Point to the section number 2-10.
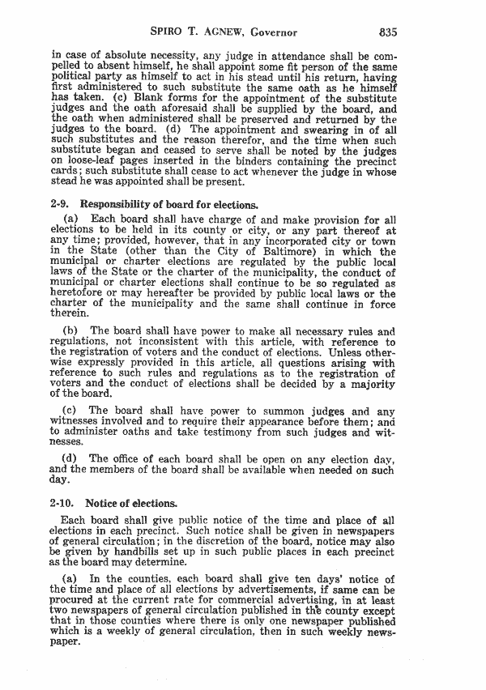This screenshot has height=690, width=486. [x=64, y=503]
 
